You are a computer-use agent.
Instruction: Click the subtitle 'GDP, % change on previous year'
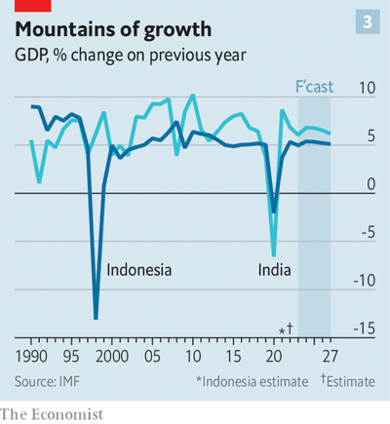[130, 56]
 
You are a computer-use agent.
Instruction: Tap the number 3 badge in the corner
[370, 21]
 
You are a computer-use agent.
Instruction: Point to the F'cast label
[314, 87]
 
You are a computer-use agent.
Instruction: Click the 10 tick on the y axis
[368, 88]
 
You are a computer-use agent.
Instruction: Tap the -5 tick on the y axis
[368, 232]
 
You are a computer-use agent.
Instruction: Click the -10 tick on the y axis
[365, 280]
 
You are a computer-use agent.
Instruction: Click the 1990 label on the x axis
[32, 356]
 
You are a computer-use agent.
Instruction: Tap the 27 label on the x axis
[331, 356]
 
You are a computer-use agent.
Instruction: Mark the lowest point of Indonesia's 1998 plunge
[96, 318]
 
